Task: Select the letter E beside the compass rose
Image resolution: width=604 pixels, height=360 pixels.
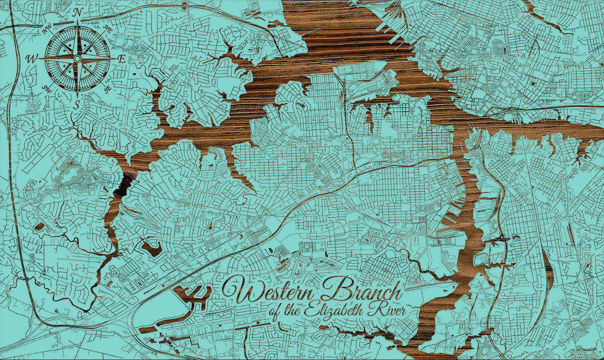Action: click(121, 58)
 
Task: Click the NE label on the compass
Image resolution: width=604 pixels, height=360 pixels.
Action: click(108, 27)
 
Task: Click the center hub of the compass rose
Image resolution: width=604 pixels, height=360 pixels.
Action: click(78, 58)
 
